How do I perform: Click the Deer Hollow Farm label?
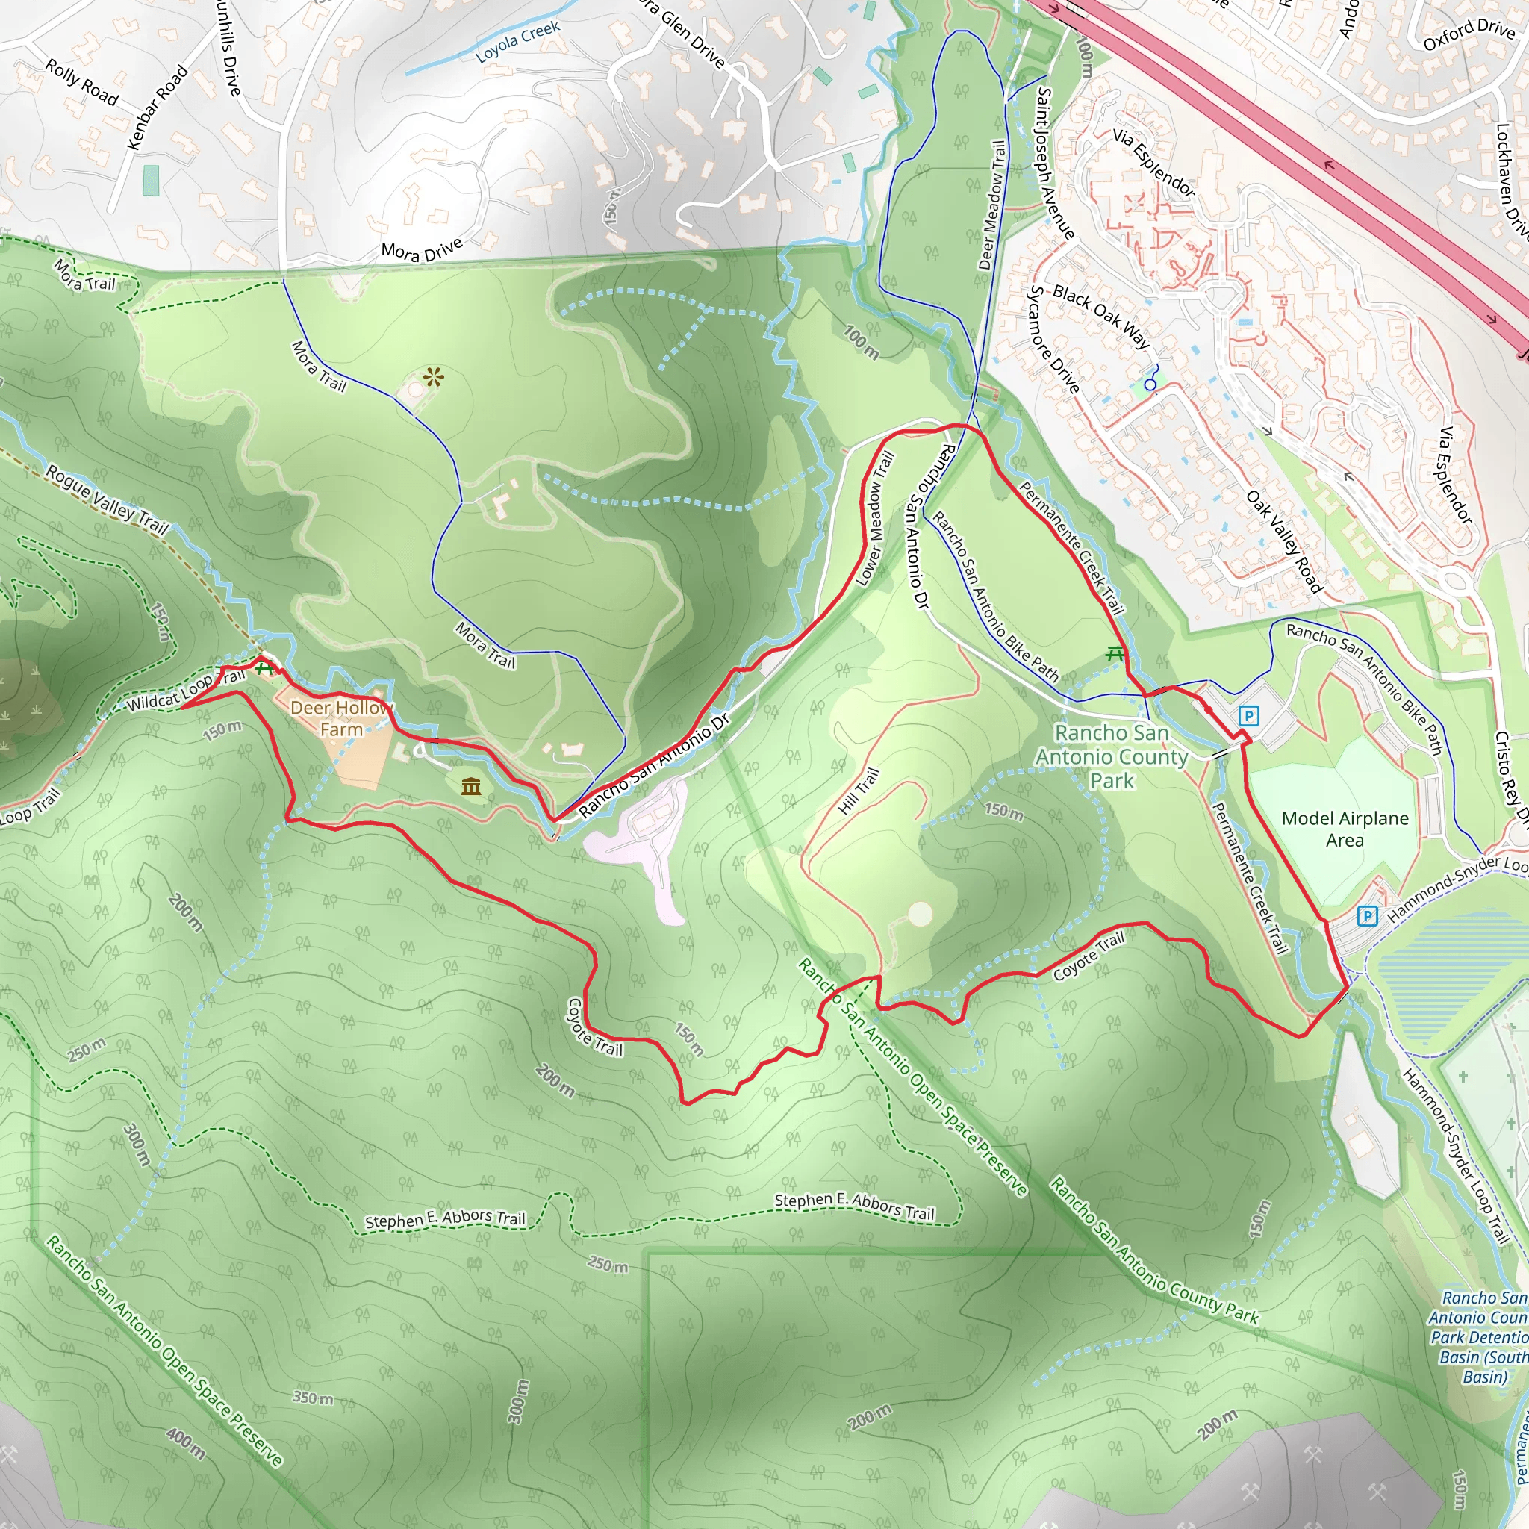point(341,717)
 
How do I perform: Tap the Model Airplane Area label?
point(1345,829)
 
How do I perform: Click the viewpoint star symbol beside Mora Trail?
point(433,377)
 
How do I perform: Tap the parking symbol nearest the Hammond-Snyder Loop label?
point(1367,915)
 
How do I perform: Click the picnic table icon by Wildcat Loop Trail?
point(264,667)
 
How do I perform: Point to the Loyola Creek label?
point(517,42)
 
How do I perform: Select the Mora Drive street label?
point(422,250)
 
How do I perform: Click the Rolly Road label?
point(81,82)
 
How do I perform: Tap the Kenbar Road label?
point(158,108)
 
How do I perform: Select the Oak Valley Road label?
point(1284,541)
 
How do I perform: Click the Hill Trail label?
point(859,791)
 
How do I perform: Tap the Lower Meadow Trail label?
point(875,518)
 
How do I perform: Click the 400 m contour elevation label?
point(186,1442)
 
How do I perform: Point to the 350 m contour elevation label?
point(313,1398)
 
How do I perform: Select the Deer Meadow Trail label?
point(992,205)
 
